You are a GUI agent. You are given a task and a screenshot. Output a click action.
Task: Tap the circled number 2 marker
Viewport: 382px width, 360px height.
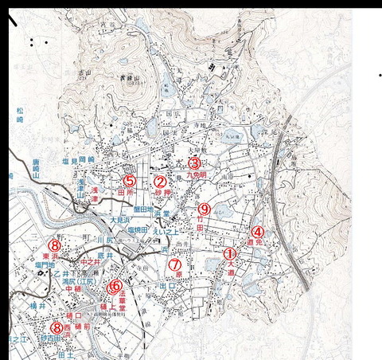pos(159,182)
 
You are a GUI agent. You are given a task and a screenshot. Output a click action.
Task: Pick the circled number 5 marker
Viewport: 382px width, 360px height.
pos(129,181)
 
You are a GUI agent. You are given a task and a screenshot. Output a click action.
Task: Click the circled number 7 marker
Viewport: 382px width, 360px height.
pos(177,265)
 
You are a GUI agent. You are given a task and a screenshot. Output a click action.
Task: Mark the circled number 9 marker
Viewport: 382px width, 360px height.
pos(204,209)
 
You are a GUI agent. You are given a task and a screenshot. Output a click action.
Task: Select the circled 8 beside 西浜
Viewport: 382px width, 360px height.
pos(57,327)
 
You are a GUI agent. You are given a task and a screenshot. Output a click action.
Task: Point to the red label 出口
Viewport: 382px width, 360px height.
pos(168,285)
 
